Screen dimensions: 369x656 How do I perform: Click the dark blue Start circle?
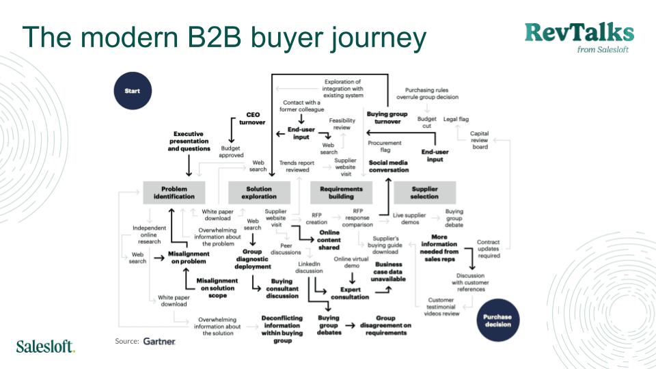point(132,90)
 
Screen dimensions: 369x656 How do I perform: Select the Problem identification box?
point(174,192)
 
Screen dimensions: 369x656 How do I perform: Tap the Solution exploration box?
point(258,192)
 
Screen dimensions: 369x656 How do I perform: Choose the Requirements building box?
point(342,192)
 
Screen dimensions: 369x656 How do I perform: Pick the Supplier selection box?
point(425,192)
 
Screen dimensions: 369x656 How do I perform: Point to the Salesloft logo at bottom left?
point(45,346)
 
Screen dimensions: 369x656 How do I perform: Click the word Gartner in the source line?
point(160,341)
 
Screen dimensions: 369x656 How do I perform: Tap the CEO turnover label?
point(254,119)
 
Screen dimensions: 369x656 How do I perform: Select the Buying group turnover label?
point(387,118)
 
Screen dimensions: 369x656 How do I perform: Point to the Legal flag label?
point(456,119)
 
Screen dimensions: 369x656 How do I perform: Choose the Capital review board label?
point(480,140)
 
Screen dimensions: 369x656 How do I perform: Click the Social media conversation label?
point(389,166)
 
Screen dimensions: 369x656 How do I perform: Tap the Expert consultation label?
point(350,293)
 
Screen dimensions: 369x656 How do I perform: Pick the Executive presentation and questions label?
point(189,141)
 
